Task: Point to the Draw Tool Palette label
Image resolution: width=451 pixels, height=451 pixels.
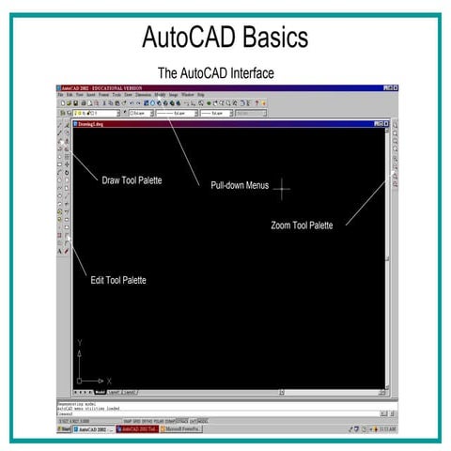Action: point(132,179)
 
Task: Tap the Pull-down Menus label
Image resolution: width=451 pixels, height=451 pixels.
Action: point(240,185)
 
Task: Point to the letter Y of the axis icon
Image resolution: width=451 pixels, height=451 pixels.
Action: point(81,343)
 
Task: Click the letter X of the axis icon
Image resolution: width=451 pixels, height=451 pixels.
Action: point(111,381)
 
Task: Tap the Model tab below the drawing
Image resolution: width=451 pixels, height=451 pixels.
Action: point(100,391)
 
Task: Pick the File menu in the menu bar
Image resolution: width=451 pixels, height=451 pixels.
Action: point(60,95)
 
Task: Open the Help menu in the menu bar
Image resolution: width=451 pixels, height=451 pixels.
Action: point(200,95)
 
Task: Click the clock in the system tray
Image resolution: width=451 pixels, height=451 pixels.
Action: point(386,428)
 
